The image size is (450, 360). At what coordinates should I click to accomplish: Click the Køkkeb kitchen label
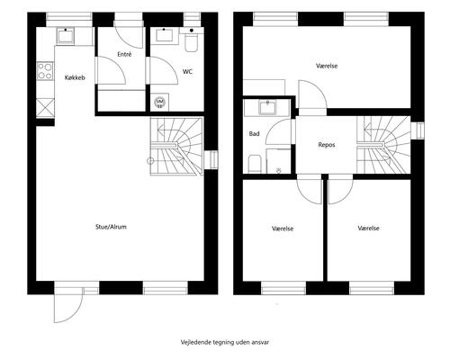[75, 77]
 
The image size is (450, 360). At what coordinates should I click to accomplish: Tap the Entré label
[125, 55]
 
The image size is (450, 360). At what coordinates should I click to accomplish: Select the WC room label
[187, 70]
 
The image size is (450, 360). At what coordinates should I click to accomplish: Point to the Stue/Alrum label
[112, 227]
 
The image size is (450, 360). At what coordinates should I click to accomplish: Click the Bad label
[255, 134]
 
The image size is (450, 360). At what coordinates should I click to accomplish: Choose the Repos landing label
[328, 144]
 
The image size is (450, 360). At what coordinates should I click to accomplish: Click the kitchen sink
[67, 36]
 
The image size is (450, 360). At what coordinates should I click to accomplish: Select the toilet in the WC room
[191, 41]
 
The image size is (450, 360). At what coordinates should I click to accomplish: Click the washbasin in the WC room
[165, 36]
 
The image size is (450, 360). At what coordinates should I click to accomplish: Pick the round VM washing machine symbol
[160, 102]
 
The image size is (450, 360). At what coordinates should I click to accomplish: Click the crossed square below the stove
[44, 104]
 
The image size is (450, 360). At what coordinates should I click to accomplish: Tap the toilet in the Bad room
[256, 163]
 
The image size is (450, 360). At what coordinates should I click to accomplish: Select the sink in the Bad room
[267, 108]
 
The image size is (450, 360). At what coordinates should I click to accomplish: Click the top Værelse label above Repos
[327, 66]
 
